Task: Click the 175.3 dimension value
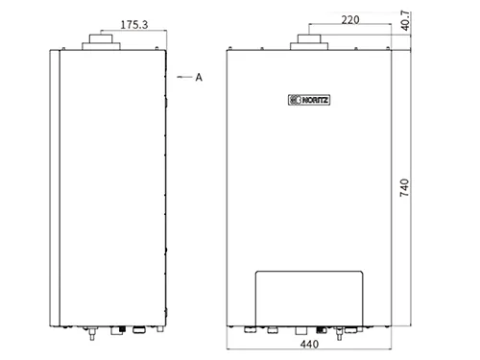point(134,25)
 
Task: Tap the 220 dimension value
point(350,20)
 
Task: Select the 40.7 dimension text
point(405,21)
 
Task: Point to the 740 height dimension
point(404,187)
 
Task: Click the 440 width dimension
point(309,344)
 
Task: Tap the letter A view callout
point(199,77)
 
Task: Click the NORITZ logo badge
point(309,100)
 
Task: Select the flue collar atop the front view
point(309,42)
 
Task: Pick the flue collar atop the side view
point(101,42)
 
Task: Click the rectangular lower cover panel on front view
point(309,299)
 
